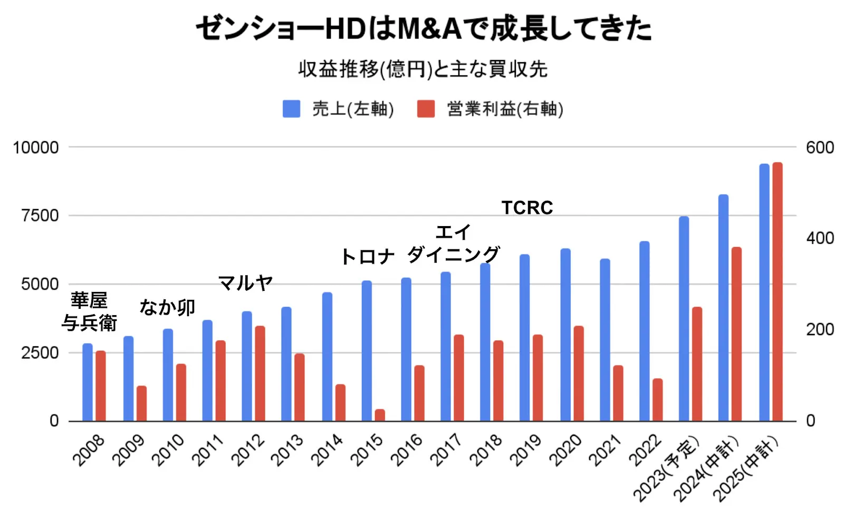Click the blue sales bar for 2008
(88, 382)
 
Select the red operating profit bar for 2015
(380, 415)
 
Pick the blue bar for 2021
(605, 340)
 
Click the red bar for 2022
(657, 400)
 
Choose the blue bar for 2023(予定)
(684, 318)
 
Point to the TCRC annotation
(527, 208)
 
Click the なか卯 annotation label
(167, 307)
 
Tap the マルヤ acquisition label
(245, 283)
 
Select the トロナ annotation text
(368, 257)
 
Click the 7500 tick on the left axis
(40, 216)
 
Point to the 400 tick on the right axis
(820, 238)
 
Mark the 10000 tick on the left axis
(36, 148)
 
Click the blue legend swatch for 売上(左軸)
(292, 109)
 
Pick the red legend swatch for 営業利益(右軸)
(426, 109)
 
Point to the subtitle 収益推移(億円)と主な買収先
(423, 69)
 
